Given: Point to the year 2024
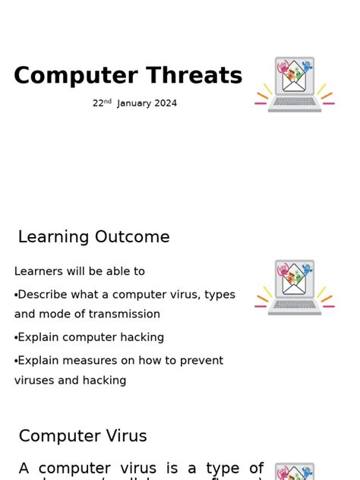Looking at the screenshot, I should coord(166,103).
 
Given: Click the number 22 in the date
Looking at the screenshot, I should coord(98,103).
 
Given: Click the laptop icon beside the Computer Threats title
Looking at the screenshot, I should coord(295,84).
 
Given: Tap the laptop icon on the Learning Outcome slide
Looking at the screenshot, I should coord(295,288).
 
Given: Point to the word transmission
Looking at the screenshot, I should coord(124,314).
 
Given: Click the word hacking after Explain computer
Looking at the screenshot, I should coord(142,337).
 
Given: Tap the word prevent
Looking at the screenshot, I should coord(201,361).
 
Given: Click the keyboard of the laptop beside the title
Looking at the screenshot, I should coord(295,102).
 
